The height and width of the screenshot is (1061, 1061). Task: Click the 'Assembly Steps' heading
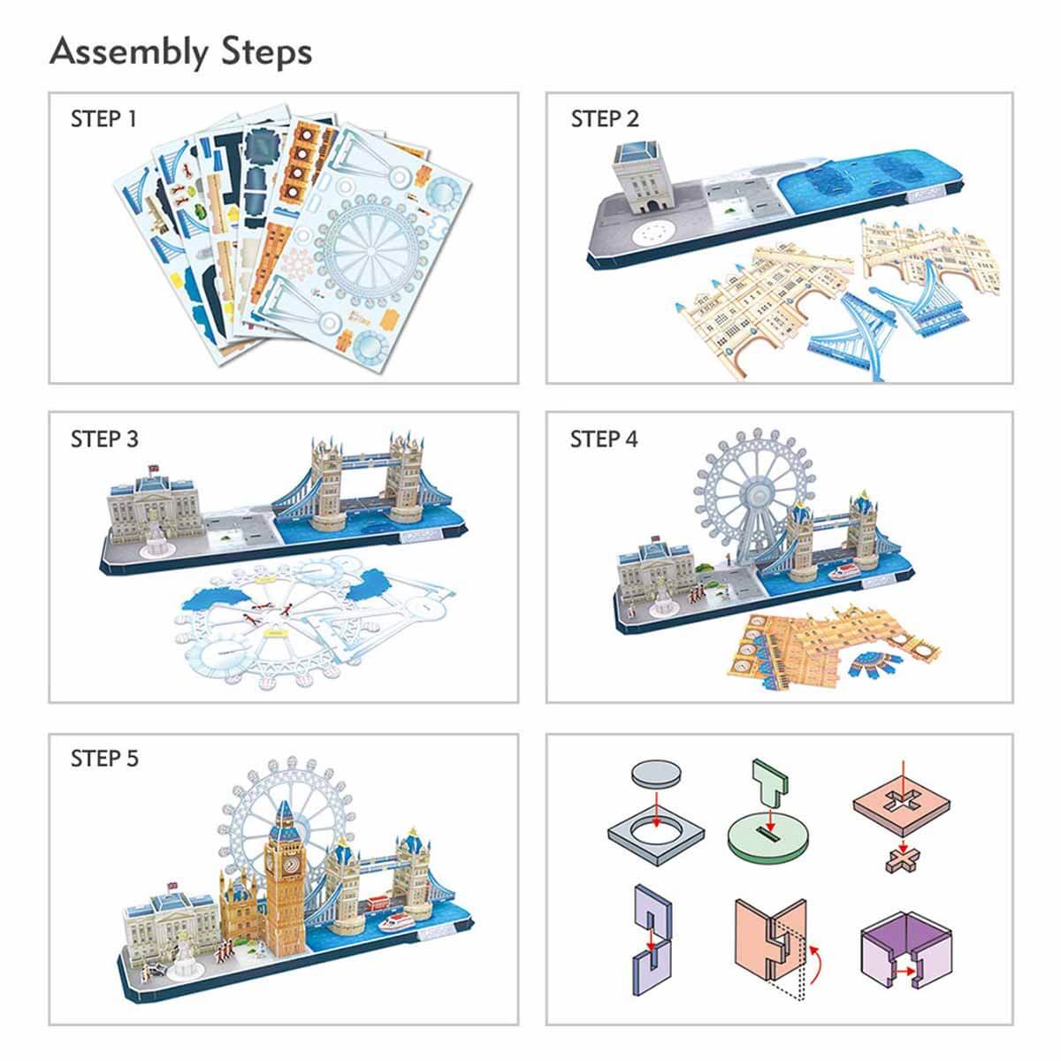[x=180, y=53]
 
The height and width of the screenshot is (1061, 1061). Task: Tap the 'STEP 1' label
[x=103, y=119]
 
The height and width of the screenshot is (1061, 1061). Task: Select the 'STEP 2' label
[x=605, y=119]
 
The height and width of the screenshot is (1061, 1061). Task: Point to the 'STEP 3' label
[x=104, y=439]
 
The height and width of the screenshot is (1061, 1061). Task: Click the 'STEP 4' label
[x=604, y=439]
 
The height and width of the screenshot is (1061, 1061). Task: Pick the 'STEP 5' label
[x=104, y=759]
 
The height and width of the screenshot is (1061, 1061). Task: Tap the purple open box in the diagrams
[x=905, y=945]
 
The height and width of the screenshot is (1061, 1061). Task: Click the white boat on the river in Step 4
[x=843, y=572]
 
